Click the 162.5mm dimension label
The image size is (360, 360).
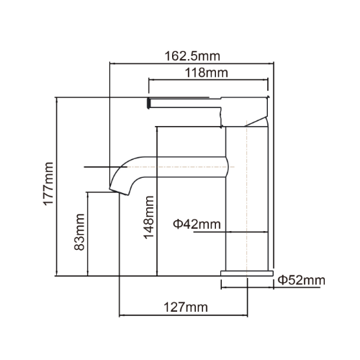point(192,56)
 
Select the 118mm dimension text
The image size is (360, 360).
point(207,73)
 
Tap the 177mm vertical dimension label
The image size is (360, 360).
point(48,184)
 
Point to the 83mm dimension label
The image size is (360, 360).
point(79,232)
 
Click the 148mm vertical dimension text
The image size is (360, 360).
point(148,217)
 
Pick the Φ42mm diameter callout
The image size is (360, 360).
point(197,224)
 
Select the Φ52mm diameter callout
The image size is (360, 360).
point(302,280)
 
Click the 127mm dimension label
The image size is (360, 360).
point(186,307)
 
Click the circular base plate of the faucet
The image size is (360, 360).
point(247,273)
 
